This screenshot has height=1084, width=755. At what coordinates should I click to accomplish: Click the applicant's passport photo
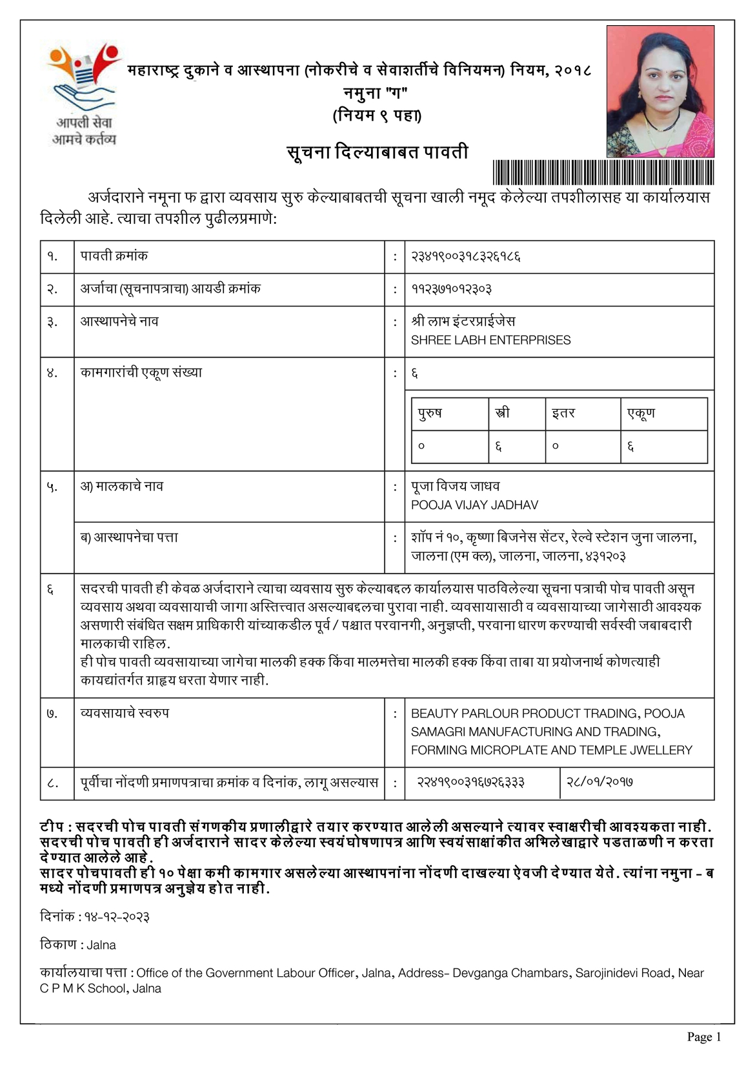click(660, 91)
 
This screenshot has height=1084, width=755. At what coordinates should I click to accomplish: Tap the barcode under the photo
click(603, 172)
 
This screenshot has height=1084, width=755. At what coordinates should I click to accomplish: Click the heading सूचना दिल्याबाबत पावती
click(377, 152)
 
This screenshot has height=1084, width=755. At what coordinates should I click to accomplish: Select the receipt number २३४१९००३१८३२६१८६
click(465, 257)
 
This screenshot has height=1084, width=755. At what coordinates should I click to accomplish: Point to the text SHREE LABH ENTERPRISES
click(490, 340)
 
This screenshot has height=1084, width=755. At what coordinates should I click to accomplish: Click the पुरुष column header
click(430, 413)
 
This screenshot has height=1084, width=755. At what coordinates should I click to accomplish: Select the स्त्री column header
click(501, 413)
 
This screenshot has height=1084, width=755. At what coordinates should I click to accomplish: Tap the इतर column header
click(563, 413)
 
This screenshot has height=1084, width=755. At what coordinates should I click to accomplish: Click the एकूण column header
click(641, 413)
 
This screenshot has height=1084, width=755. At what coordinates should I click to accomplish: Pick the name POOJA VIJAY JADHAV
click(474, 505)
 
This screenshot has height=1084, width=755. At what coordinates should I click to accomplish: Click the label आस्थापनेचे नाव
click(119, 321)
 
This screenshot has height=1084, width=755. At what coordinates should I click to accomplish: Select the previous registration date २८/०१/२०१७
click(599, 782)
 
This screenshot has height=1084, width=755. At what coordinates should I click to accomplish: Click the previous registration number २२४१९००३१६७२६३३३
click(470, 782)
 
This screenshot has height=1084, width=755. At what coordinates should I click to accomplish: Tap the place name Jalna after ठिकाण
click(101, 945)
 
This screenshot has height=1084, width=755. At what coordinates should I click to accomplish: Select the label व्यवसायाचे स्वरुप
click(125, 714)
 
